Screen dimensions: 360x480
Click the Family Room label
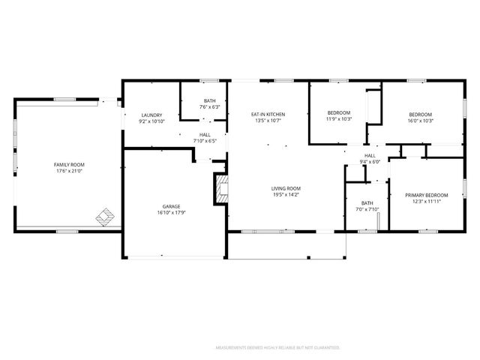pyautogui.click(x=68, y=164)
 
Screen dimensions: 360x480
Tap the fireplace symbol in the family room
pyautogui.click(x=106, y=217)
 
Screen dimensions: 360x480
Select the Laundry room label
pyautogui.click(x=151, y=115)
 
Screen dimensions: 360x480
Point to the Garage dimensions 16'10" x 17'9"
pyautogui.click(x=172, y=212)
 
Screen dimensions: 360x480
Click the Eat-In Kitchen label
pyautogui.click(x=268, y=114)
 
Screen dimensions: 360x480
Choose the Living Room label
pyautogui.click(x=286, y=188)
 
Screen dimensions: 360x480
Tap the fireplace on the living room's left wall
pyautogui.click(x=220, y=190)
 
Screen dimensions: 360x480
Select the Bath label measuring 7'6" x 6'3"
pyautogui.click(x=210, y=101)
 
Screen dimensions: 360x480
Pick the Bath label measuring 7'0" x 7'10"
pyautogui.click(x=367, y=202)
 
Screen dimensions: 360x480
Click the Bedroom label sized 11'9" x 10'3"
pyautogui.click(x=339, y=113)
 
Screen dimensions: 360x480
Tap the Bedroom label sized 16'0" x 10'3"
pyautogui.click(x=420, y=114)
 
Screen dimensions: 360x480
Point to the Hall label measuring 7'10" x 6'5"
pyautogui.click(x=205, y=134)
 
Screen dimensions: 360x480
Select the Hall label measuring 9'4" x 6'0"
pyautogui.click(x=370, y=155)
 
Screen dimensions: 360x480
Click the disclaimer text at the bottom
pyautogui.click(x=277, y=348)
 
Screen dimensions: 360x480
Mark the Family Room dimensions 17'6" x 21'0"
pyautogui.click(x=68, y=171)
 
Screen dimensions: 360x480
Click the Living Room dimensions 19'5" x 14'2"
pyautogui.click(x=286, y=195)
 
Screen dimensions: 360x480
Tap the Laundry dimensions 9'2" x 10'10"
pyautogui.click(x=151, y=121)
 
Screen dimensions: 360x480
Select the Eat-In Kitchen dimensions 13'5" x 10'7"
pyautogui.click(x=268, y=121)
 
